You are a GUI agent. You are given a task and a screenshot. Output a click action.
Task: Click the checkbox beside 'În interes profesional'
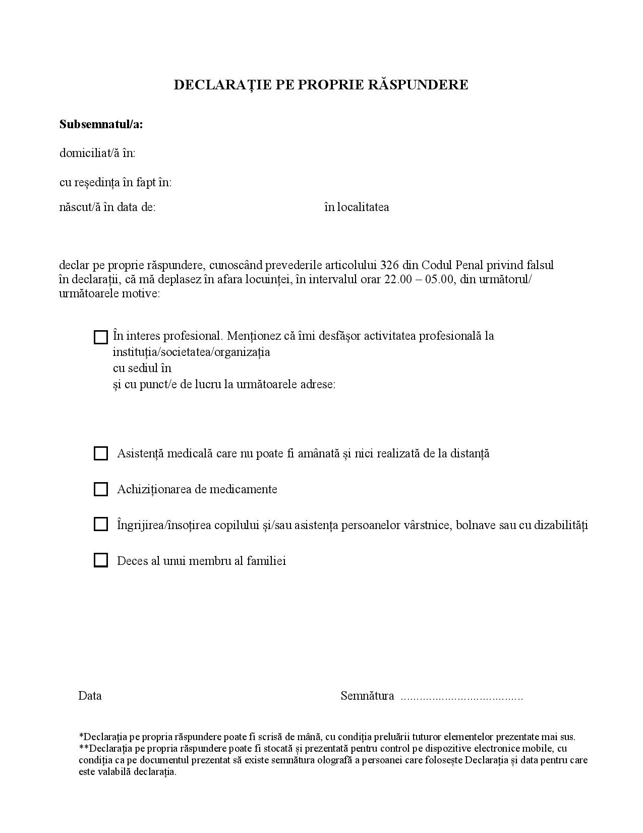101,337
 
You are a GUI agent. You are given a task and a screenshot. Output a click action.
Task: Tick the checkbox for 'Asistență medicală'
101,453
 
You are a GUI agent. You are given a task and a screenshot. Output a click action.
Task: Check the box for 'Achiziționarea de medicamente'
101,489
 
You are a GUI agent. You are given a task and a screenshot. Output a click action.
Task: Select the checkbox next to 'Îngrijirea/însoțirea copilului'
101,525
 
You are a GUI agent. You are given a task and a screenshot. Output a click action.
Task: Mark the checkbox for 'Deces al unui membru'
101,560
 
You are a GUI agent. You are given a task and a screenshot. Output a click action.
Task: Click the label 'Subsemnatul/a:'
101,124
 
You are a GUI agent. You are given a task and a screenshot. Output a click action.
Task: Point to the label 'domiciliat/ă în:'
97,153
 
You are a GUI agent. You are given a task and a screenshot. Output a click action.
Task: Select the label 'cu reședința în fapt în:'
115,182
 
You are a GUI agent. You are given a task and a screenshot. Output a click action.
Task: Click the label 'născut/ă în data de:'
107,207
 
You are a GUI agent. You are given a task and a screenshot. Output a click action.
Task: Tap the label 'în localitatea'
357,207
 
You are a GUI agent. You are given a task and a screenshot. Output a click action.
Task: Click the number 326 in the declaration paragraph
389,265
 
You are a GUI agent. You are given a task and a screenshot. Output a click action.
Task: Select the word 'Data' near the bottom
90,696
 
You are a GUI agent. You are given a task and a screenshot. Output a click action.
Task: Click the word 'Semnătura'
367,696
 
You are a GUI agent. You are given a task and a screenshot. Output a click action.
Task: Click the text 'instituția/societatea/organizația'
191,352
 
